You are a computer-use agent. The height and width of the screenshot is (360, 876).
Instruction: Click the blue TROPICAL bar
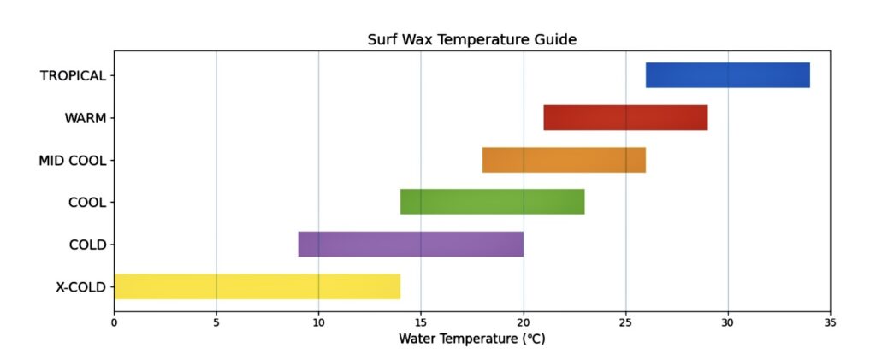point(727,75)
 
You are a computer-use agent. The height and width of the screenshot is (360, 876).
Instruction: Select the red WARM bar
point(625,117)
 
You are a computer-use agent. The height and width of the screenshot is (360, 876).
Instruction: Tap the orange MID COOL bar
point(564,160)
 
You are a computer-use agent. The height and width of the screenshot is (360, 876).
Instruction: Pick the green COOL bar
point(492,202)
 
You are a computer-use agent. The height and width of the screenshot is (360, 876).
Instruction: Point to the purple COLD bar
point(411,244)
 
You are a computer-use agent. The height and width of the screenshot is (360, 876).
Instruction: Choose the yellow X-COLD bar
point(257,286)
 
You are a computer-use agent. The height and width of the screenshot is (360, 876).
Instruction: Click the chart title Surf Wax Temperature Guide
point(471,39)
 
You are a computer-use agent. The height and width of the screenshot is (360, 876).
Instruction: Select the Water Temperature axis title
point(471,339)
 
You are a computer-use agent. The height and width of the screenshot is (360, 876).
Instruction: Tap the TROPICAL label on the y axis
point(73,75)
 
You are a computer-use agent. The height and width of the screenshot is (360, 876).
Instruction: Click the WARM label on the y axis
point(86,118)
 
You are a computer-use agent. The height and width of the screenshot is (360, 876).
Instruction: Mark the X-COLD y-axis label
point(80,287)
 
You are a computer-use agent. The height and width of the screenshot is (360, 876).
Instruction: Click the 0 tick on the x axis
point(114,322)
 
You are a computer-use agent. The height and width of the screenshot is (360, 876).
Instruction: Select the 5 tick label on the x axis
point(216,322)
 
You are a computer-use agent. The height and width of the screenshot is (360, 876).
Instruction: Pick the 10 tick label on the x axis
point(318,322)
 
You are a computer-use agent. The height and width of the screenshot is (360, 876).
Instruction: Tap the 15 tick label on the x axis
point(421,322)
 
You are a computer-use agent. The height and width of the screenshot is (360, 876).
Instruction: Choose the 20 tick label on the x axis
point(524,322)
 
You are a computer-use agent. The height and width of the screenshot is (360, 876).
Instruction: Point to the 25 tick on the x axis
point(625,322)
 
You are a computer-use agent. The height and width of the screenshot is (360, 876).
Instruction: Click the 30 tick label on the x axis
point(728,322)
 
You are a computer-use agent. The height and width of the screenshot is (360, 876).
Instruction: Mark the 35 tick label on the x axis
point(830,322)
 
